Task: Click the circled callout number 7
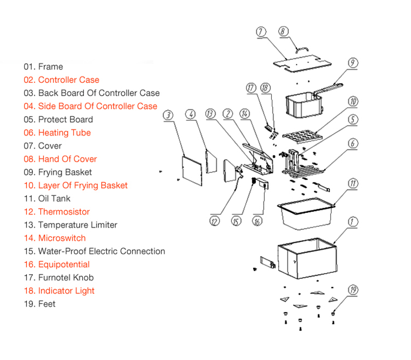point(261,32)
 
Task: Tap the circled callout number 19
point(353,290)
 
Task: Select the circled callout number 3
point(168,115)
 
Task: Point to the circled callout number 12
point(215,221)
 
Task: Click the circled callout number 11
point(353,183)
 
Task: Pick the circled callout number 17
point(251,87)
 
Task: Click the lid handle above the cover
point(302,50)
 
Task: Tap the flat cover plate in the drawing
point(302,64)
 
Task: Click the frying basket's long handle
point(328,88)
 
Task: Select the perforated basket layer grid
point(303,136)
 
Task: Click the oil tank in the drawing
point(306,213)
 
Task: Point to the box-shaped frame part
point(307,258)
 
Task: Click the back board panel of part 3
point(192,171)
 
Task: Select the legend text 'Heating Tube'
point(65,133)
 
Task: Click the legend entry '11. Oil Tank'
point(47,199)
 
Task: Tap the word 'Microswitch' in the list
point(62,238)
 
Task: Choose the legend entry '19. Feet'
point(40,304)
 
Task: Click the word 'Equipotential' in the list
point(64,264)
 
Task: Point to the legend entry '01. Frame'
point(43,67)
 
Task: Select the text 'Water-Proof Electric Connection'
point(102,251)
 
